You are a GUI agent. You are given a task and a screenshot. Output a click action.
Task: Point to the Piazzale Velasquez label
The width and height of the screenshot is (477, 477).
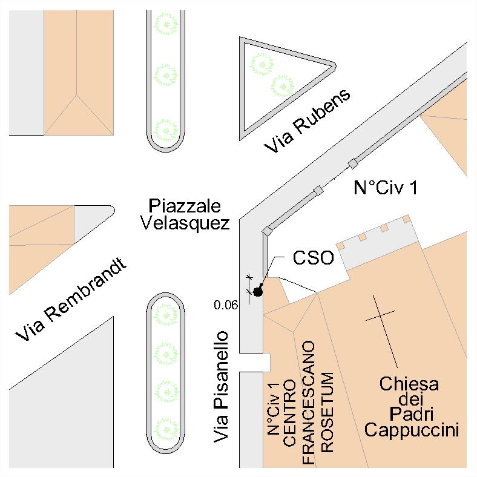[x=185, y=213]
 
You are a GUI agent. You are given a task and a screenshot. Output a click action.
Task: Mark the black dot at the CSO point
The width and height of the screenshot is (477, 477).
[x=258, y=292]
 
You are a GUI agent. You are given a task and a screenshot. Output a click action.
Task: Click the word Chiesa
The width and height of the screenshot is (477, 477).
[x=409, y=384]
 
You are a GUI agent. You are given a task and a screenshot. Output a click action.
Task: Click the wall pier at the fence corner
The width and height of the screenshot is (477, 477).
[x=267, y=231]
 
